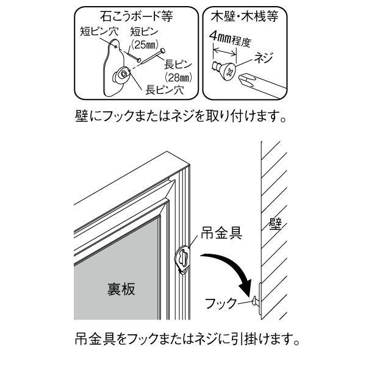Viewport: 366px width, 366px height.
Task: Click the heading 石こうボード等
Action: pyautogui.click(x=137, y=17)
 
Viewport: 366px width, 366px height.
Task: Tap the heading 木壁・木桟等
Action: pyautogui.click(x=245, y=17)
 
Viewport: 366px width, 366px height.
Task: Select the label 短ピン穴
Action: pyautogui.click(x=99, y=32)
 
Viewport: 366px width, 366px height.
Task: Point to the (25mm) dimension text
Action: pyautogui.click(x=145, y=45)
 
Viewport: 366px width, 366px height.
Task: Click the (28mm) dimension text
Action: pyautogui.click(x=178, y=77)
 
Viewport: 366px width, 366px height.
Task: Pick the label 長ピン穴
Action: pyautogui.click(x=165, y=90)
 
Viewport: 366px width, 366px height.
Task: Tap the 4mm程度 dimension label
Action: pyautogui.click(x=230, y=39)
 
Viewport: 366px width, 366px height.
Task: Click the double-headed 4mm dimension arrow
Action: pyautogui.click(x=224, y=52)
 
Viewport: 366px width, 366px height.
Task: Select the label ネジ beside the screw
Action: pyautogui.click(x=264, y=57)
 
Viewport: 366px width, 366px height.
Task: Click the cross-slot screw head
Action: pyautogui.click(x=229, y=72)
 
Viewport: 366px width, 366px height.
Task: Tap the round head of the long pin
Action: pyautogui.click(x=163, y=51)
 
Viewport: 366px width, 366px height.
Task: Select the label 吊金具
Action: pyautogui.click(x=221, y=233)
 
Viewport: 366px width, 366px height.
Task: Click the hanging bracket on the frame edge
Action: pyautogui.click(x=182, y=259)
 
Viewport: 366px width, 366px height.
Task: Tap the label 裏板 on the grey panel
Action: pyautogui.click(x=121, y=289)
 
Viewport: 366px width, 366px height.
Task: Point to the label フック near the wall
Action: pyautogui.click(x=221, y=303)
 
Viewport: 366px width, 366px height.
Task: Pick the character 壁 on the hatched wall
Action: pyautogui.click(x=276, y=224)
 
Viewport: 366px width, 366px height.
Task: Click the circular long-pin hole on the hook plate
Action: pyautogui.click(x=124, y=74)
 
